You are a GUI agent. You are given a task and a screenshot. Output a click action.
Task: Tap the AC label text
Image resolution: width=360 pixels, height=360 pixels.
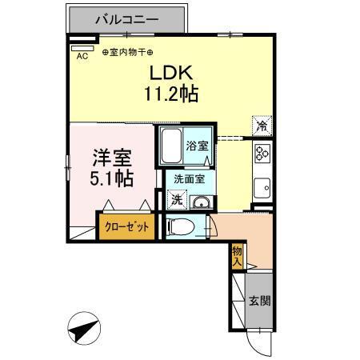tap(82, 56)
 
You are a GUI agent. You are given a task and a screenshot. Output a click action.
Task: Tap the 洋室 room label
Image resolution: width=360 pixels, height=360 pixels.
tap(106, 156)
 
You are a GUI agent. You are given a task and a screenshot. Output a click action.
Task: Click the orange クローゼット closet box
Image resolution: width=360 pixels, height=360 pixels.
tap(127, 226)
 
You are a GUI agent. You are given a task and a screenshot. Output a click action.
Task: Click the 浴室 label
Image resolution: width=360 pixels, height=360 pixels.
tap(197, 146)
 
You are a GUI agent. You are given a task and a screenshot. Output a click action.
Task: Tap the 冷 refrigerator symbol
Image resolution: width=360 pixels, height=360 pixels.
tap(262, 125)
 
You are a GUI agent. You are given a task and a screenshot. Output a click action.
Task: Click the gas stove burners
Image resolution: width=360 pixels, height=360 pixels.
tap(262, 152)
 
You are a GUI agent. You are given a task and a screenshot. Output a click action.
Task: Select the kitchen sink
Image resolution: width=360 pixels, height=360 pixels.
tap(262, 190)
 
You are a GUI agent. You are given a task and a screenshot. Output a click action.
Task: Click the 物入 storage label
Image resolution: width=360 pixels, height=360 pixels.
tap(238, 255)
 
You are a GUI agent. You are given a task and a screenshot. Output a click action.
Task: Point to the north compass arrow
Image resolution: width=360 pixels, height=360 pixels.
tap(85, 328)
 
